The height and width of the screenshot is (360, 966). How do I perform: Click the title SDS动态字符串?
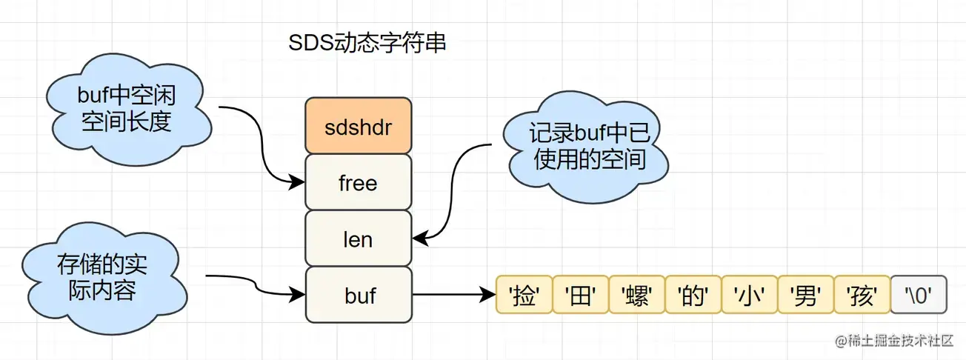[x=367, y=44]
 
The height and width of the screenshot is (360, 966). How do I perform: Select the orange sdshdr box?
[x=358, y=126]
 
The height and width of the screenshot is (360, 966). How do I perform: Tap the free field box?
[x=358, y=182]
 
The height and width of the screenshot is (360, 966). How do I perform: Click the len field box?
[x=358, y=239]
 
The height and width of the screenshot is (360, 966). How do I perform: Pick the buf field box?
[x=358, y=295]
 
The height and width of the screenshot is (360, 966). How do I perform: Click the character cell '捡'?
[x=524, y=296]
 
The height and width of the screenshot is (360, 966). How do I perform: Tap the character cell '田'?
[x=580, y=296]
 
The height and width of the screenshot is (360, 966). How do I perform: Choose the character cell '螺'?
[x=636, y=296]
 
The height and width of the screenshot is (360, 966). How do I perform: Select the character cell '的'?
[x=693, y=296]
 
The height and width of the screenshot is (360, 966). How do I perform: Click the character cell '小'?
[x=749, y=296]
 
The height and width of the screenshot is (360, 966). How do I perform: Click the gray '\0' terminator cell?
[x=918, y=296]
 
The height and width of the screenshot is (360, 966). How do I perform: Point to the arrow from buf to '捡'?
[x=452, y=296]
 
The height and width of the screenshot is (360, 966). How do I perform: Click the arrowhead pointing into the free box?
[x=298, y=181]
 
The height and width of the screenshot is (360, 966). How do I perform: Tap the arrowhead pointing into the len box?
[x=419, y=239]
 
